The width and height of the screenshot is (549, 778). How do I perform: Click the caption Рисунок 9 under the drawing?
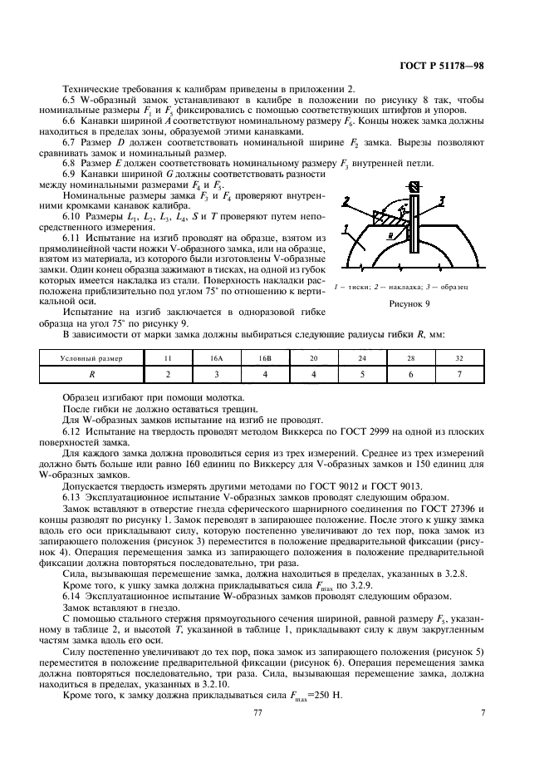pos(412,304)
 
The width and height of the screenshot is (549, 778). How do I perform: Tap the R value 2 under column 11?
pos(169,375)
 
